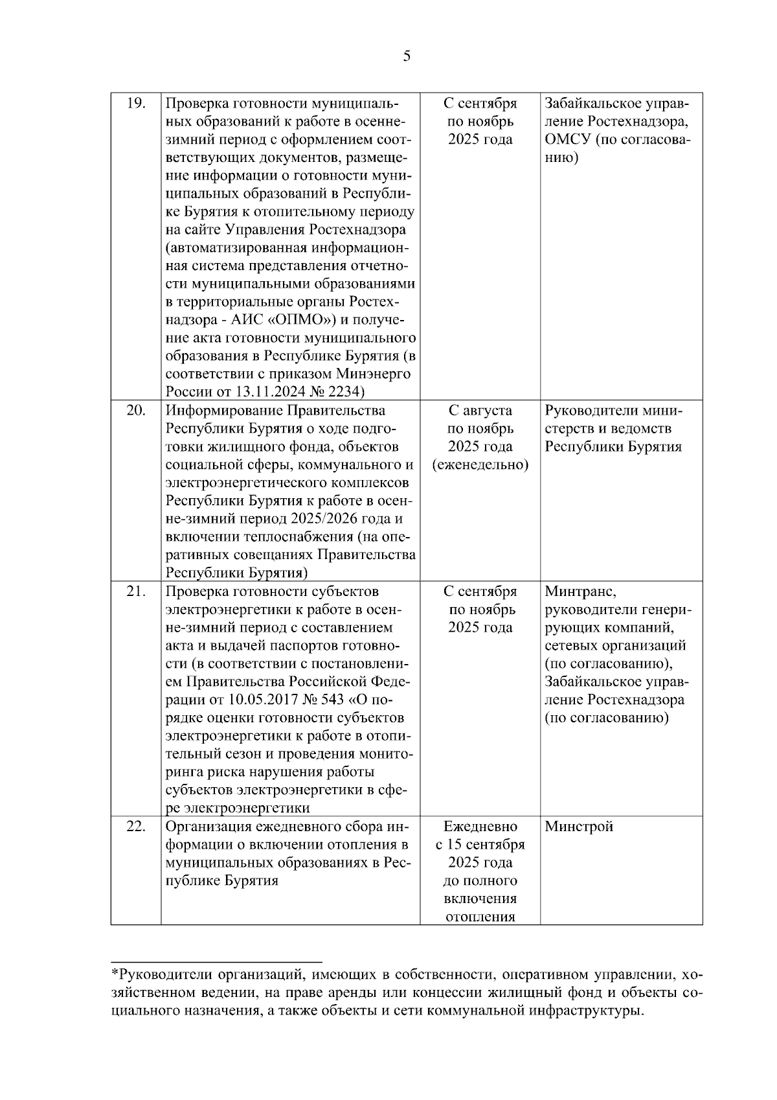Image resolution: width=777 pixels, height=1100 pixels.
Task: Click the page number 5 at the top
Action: click(x=406, y=56)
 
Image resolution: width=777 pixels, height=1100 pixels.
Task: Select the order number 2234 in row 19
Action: click(x=346, y=392)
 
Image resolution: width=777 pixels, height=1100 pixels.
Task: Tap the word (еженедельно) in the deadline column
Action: click(x=480, y=464)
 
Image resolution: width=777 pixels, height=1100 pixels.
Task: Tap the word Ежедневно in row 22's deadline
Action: click(x=480, y=827)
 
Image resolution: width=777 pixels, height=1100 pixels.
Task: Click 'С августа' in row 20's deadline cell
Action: click(x=480, y=410)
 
